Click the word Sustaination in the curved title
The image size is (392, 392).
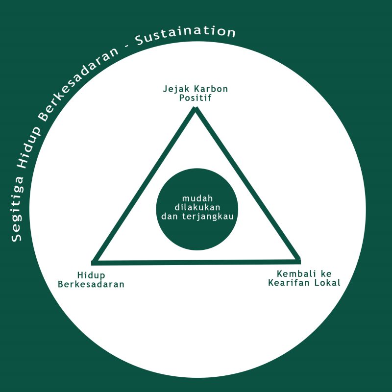pos(185,35)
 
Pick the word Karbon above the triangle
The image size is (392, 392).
pos(211,89)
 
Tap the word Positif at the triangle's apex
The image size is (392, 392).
pos(195,98)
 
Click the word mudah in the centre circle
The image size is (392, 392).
pos(197,198)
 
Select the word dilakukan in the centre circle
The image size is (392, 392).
pos(197,207)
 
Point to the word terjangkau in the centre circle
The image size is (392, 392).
pos(208,217)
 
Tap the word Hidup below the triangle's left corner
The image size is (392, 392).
pos(91,275)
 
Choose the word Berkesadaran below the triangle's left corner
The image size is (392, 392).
pos(91,285)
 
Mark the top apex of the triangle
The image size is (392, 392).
pos(196,107)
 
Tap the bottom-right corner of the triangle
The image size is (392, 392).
pos(299,261)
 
